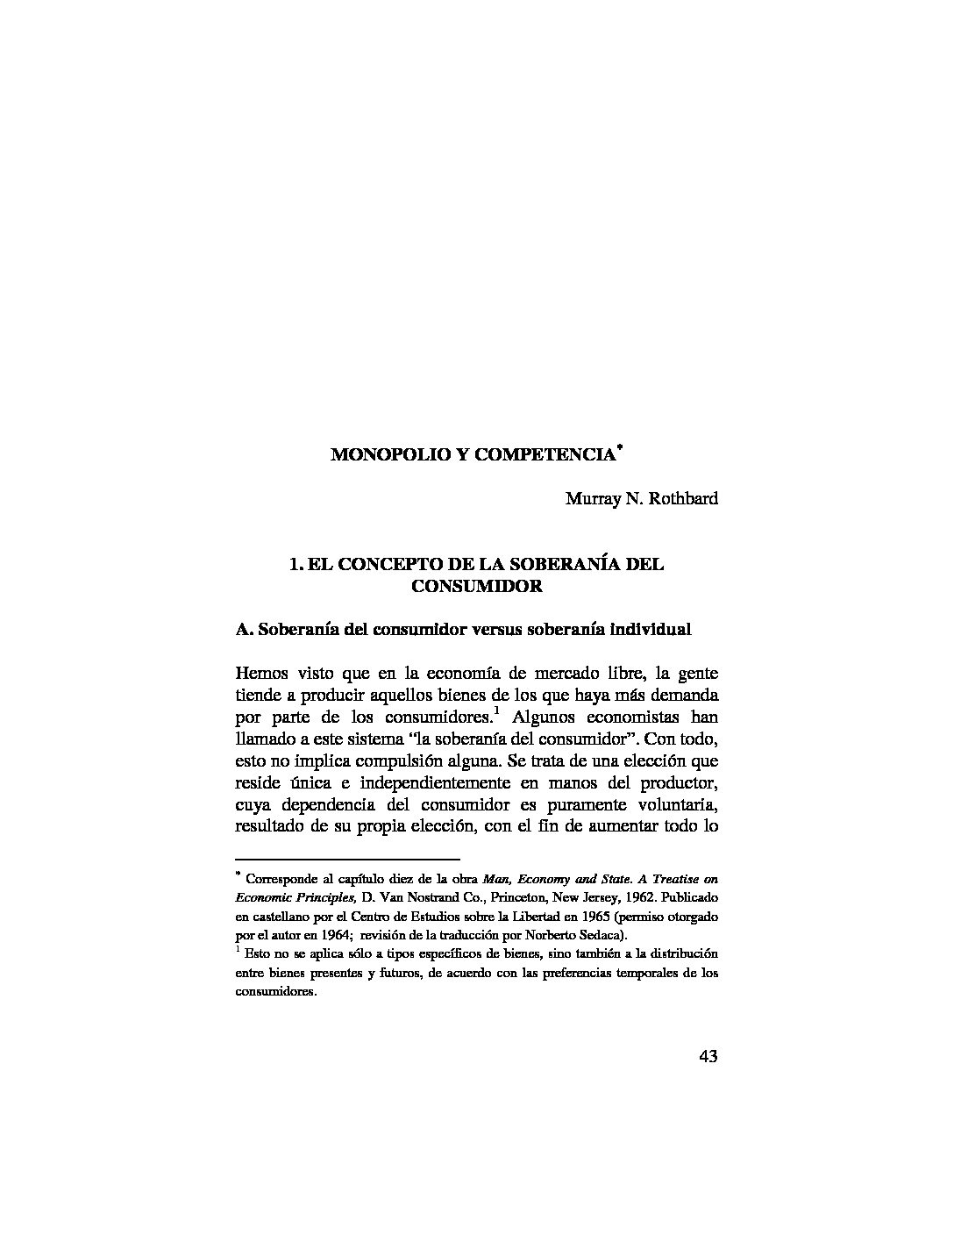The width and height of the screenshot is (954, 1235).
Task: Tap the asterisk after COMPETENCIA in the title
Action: point(619,448)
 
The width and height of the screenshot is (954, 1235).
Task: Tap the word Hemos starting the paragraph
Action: point(263,673)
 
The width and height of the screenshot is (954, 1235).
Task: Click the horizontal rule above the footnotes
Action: point(348,859)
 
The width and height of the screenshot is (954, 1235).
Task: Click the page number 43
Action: point(708,1056)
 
